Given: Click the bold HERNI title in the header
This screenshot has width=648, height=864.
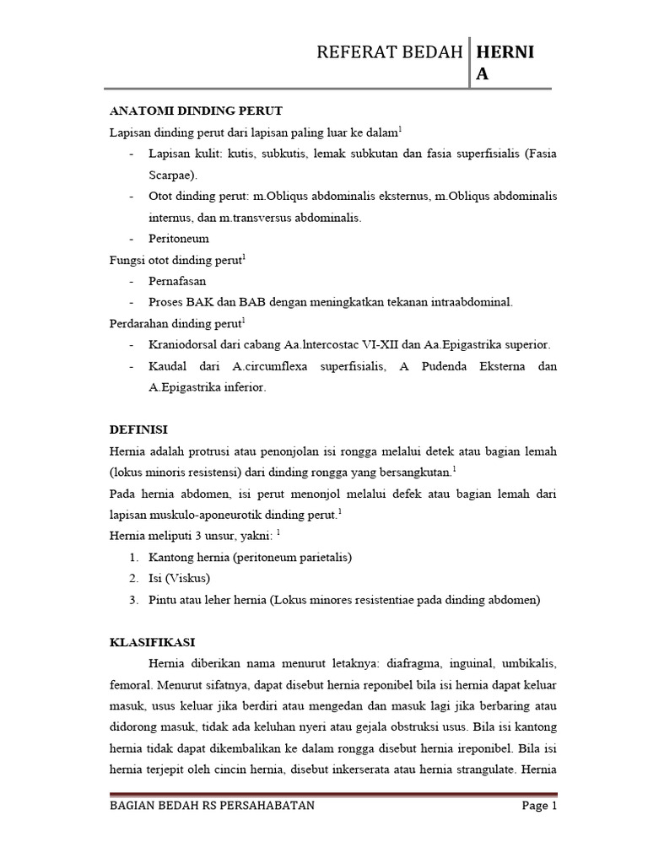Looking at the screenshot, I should click(x=505, y=53).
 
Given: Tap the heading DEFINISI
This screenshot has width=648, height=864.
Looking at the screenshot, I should click(x=139, y=429).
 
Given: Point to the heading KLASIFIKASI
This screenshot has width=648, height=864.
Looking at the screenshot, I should click(x=153, y=642).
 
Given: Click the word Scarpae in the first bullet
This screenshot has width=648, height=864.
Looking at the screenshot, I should click(x=171, y=175).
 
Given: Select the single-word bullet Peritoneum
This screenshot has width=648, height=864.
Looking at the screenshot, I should click(x=179, y=239).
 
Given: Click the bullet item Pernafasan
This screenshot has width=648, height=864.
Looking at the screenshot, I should click(x=178, y=281).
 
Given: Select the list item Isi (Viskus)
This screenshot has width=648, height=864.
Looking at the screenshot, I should click(x=179, y=578).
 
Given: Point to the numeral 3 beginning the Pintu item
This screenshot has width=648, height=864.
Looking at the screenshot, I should click(x=133, y=600).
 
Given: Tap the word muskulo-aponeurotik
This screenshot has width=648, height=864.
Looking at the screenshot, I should click(x=212, y=514).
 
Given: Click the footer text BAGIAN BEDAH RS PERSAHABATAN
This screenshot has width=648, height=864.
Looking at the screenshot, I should click(x=213, y=806).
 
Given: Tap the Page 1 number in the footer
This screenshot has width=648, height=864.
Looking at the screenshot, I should click(x=540, y=806).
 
